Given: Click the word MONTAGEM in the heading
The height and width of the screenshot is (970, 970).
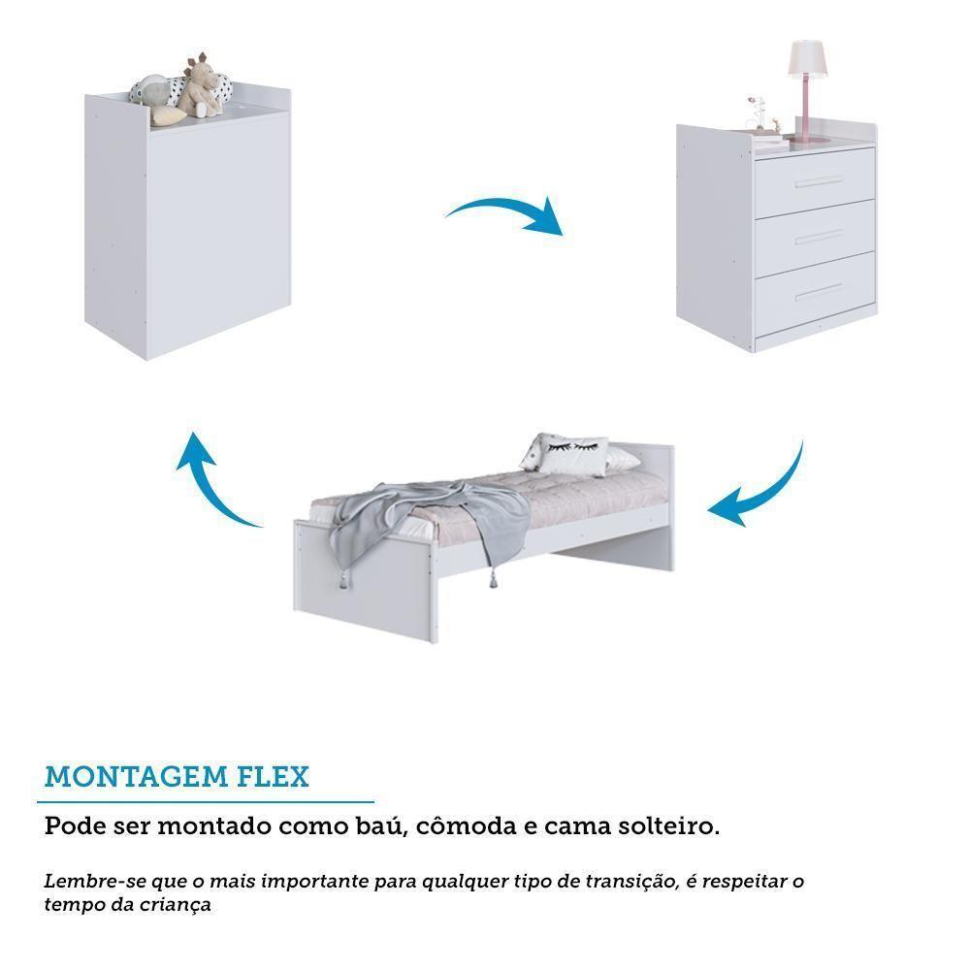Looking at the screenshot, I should (x=133, y=777).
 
